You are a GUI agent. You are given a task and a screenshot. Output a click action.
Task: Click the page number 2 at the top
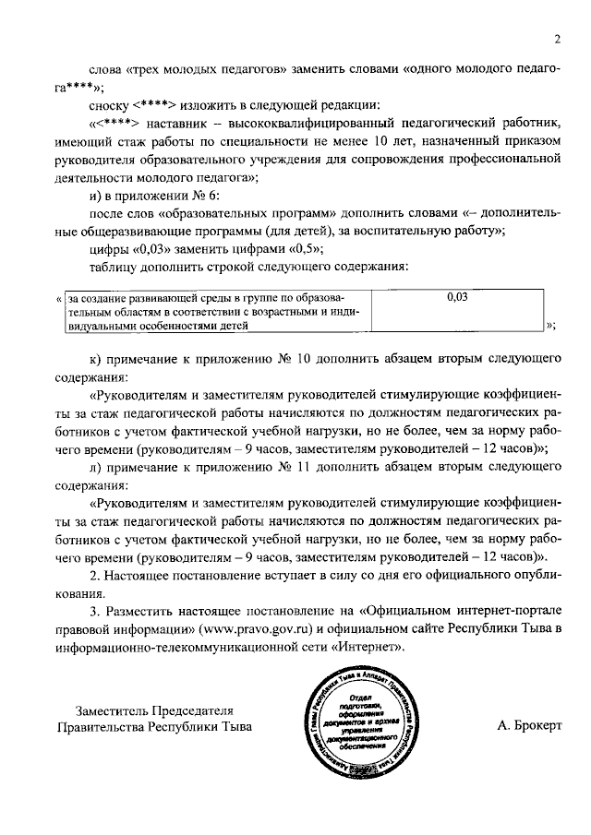click(558, 39)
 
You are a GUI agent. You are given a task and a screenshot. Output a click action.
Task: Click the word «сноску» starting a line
click(110, 105)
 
